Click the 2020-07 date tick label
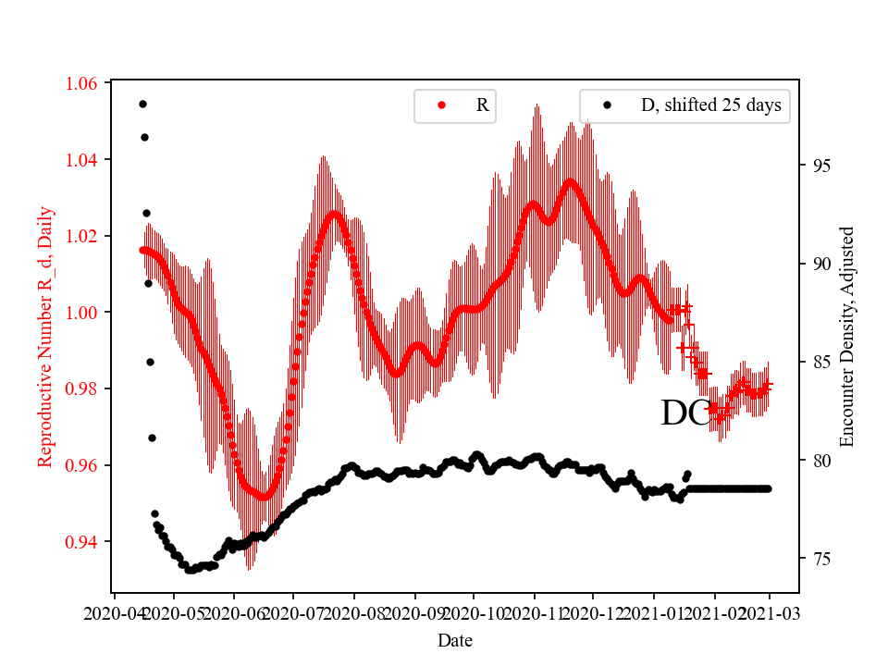pyautogui.click(x=293, y=613)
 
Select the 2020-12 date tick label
pyautogui.click(x=595, y=613)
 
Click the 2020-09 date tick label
pyautogui.click(x=414, y=613)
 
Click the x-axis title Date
pyautogui.click(x=455, y=639)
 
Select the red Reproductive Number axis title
pyautogui.click(x=45, y=337)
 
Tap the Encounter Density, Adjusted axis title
pyautogui.click(x=847, y=337)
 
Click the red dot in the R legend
pyautogui.click(x=441, y=105)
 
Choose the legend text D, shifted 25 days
pyautogui.click(x=710, y=105)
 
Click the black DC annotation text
pyautogui.click(x=686, y=414)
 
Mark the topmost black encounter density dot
pyautogui.click(x=142, y=104)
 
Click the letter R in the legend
pyautogui.click(x=482, y=105)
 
